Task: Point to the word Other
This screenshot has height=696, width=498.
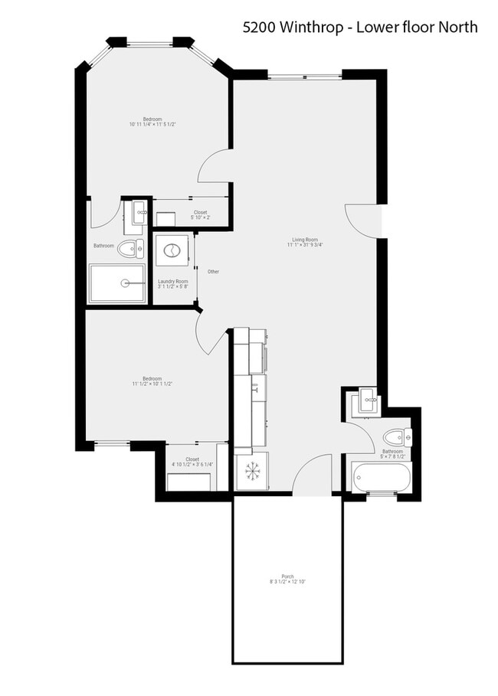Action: pyautogui.click(x=213, y=272)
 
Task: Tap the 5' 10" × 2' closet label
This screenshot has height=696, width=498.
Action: pyautogui.click(x=200, y=215)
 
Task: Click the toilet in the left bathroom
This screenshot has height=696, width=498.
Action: pyautogui.click(x=131, y=247)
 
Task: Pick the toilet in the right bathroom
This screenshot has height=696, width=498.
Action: pyautogui.click(x=395, y=437)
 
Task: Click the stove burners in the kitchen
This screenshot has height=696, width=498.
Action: pyautogui.click(x=252, y=470)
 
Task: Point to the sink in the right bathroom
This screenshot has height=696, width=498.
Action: pyautogui.click(x=365, y=401)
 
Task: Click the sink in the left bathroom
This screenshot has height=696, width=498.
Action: pyautogui.click(x=138, y=212)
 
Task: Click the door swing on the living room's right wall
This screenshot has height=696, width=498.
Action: pyautogui.click(x=362, y=219)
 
